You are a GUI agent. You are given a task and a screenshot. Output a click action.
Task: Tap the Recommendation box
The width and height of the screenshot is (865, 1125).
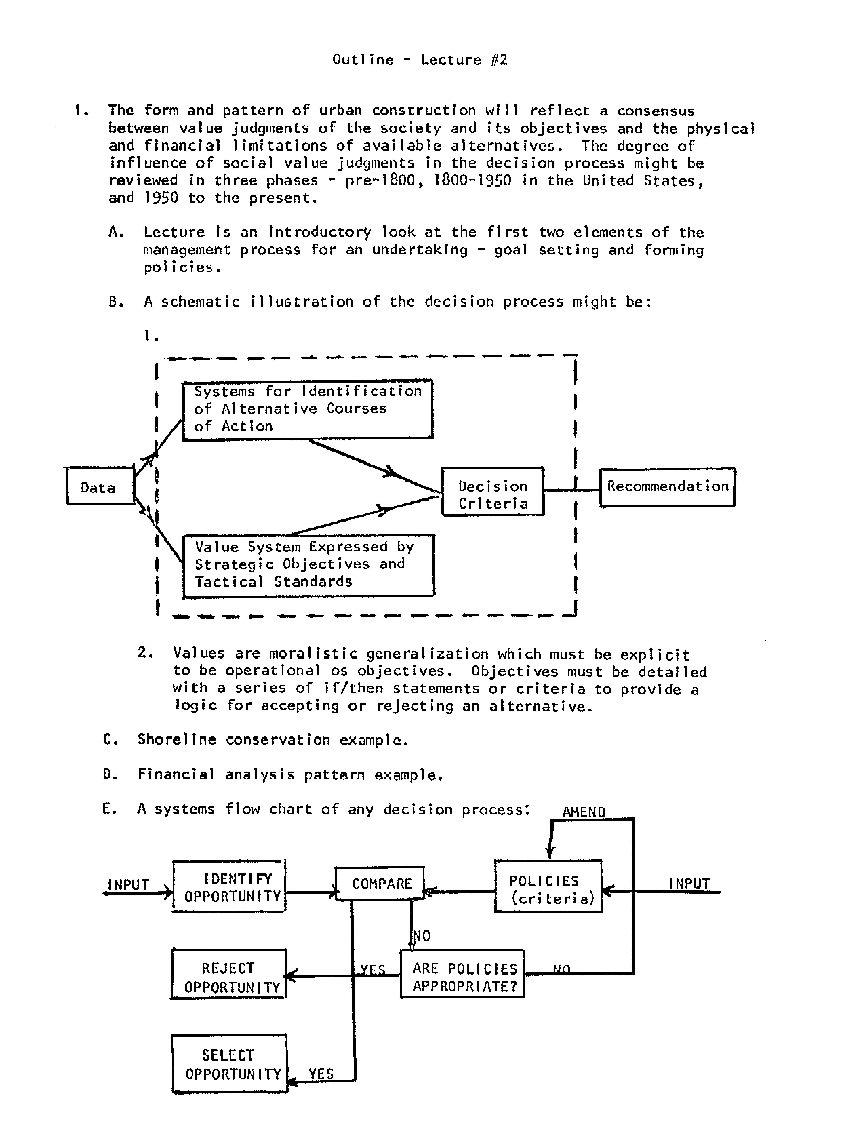pyautogui.click(x=667, y=487)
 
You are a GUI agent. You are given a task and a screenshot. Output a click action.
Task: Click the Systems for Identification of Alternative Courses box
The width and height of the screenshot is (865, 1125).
pyautogui.click(x=307, y=409)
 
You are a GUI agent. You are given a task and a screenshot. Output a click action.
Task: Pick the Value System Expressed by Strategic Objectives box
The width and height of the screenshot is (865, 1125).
pyautogui.click(x=308, y=565)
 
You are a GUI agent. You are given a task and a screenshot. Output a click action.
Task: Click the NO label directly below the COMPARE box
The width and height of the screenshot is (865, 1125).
pyautogui.click(x=422, y=935)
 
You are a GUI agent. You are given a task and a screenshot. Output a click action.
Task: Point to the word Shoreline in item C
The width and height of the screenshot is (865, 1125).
pyautogui.click(x=177, y=739)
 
